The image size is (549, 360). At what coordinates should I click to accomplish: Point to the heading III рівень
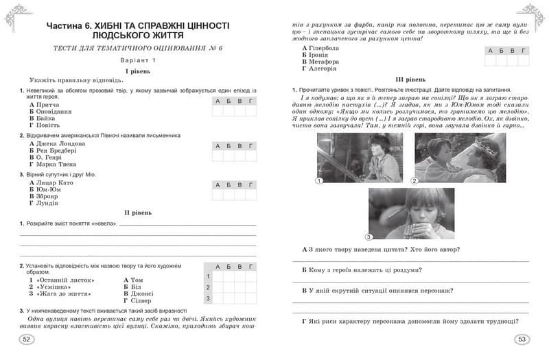pyautogui.click(x=411, y=80)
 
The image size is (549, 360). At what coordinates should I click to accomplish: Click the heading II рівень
pyautogui.click(x=138, y=213)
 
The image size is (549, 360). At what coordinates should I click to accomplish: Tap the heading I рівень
pyautogui.click(x=138, y=71)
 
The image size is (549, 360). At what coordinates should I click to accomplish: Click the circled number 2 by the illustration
pyautogui.click(x=414, y=181)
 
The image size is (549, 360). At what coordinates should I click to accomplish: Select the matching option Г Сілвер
pyautogui.click(x=139, y=300)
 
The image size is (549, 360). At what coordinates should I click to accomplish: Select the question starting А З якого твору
pyautogui.click(x=380, y=249)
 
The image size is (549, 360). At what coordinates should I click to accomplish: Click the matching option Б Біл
pyautogui.click(x=132, y=287)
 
